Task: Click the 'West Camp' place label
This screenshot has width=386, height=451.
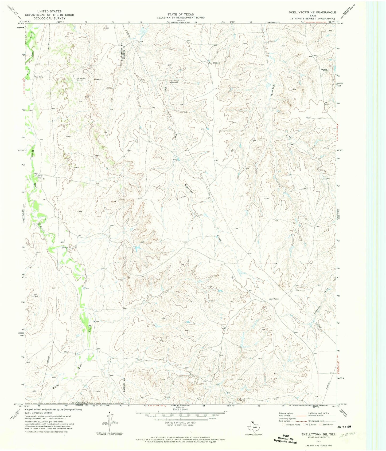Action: pos(39,77)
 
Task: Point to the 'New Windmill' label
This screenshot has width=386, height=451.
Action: pos(215,63)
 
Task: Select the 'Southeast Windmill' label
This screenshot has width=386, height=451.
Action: pos(175,81)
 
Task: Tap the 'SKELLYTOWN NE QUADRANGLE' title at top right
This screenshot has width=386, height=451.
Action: pos(312,12)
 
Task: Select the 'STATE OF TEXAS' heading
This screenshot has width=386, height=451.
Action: pos(181,14)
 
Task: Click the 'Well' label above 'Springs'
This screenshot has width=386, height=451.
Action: pos(63,242)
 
